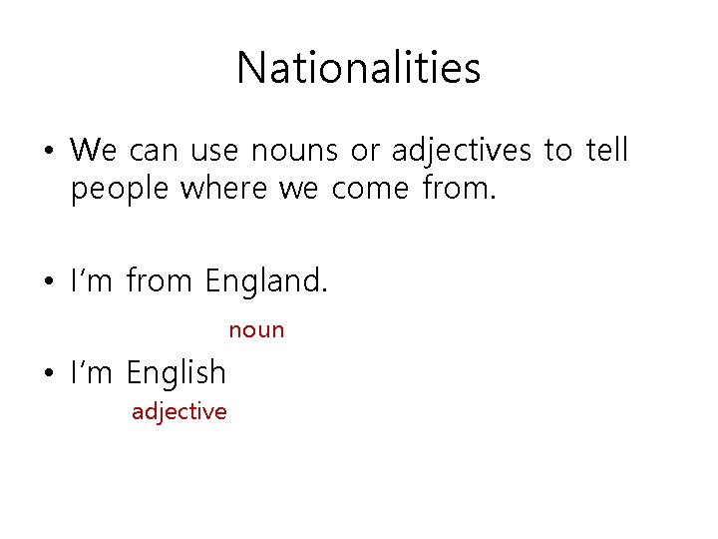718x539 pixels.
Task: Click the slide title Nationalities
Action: coord(359,68)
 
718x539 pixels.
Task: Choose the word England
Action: coord(265,281)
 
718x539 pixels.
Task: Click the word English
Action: coord(177,373)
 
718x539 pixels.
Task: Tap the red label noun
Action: coord(256,329)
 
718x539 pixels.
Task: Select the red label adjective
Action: coord(179,411)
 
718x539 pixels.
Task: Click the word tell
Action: coord(606,150)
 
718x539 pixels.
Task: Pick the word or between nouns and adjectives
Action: coord(365,152)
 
